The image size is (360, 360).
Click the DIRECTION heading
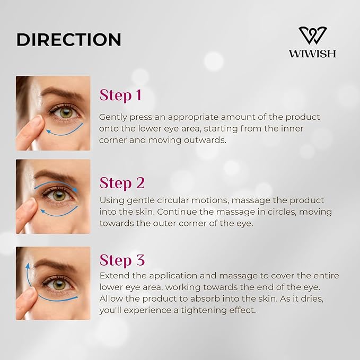tap(69, 39)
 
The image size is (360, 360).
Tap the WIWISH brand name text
tap(312, 54)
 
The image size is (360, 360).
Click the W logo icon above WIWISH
tap(312, 36)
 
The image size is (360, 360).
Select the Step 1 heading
tap(120, 95)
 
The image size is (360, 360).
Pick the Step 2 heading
tap(122, 183)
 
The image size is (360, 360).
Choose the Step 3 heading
tap(122, 260)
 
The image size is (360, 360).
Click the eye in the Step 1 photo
tap(65, 112)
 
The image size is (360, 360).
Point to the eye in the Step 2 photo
tap(59, 195)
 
